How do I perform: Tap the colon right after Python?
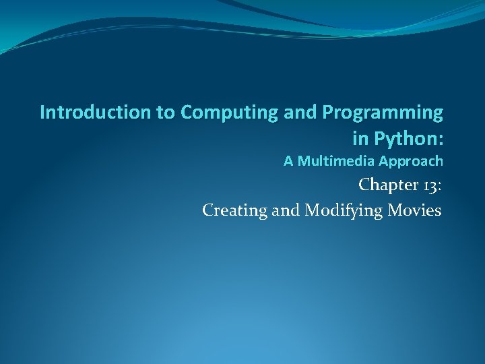(x=441, y=140)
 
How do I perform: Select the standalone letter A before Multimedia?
(x=288, y=161)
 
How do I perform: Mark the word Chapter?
(x=387, y=184)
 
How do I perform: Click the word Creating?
(x=234, y=210)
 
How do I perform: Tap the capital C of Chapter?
(x=364, y=184)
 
